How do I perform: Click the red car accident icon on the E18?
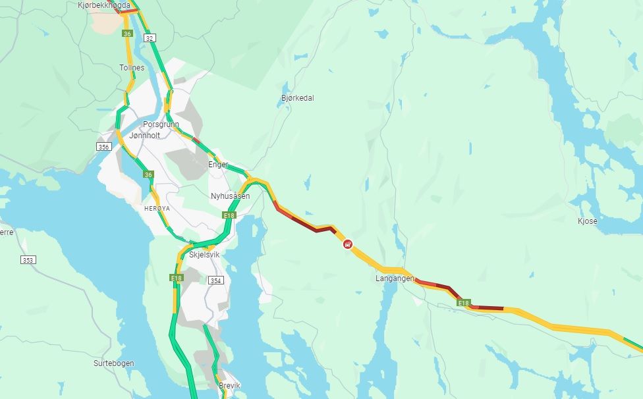coord(347,244)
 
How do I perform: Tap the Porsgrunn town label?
coord(161,124)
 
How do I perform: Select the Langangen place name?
coord(395,279)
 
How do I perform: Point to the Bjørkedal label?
coord(297,98)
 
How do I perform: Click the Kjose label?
coord(587,221)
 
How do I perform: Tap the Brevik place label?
coord(229,386)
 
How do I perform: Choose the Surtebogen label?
coord(113,363)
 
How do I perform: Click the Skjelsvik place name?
coord(204,254)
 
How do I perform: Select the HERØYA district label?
coord(157,208)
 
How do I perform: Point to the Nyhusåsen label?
coord(230,196)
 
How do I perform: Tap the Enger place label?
coord(218,165)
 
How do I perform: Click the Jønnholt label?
coord(145,135)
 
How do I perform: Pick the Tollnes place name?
coord(132,68)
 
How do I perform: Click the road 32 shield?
coord(150,39)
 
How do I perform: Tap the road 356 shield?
coord(103,147)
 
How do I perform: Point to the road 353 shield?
coord(28,260)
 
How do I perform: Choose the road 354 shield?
coord(216,280)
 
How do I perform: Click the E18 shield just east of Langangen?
coord(464,303)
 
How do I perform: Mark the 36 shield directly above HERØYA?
coord(148,174)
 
